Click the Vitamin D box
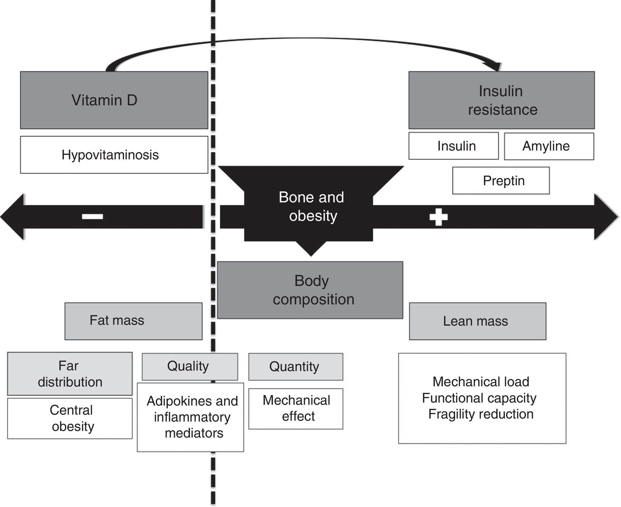[114, 100]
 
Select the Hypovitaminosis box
[114, 155]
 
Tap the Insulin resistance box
[502, 100]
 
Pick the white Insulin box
[454, 146]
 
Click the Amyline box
[549, 146]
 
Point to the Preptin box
[501, 181]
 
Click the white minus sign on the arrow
[92, 216]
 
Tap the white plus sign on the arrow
[438, 217]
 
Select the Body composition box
[310, 290]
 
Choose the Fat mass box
[133, 321]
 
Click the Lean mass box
[478, 321]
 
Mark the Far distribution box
[70, 374]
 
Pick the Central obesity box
[70, 418]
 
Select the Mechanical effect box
[295, 409]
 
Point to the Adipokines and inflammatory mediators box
[191, 417]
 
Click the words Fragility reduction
[481, 414]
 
